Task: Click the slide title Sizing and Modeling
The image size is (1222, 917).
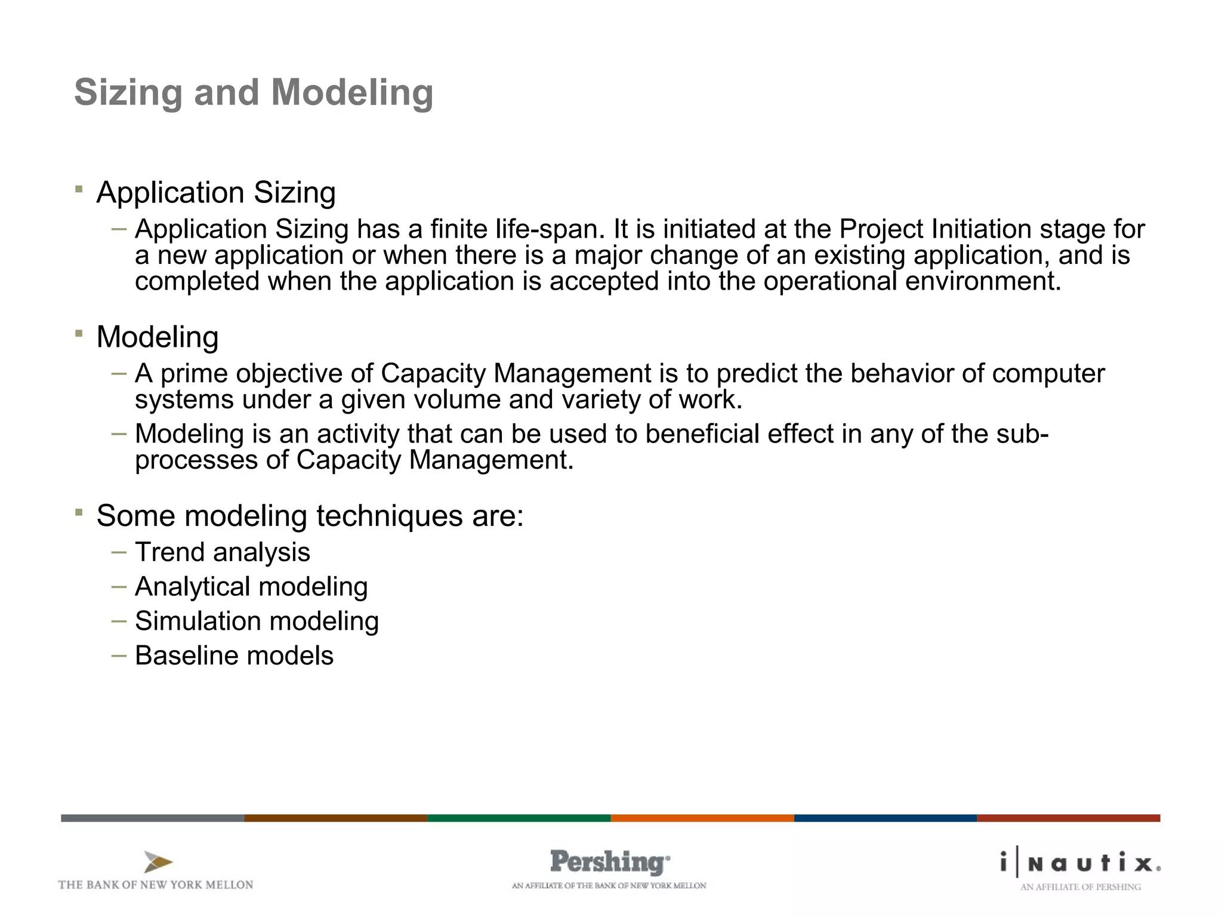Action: coord(254,93)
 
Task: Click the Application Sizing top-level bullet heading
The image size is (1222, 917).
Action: coord(216,193)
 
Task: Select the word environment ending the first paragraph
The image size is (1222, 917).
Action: coord(982,281)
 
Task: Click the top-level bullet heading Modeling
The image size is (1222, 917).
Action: coord(158,337)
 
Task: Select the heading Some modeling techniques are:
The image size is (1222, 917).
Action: coord(310,516)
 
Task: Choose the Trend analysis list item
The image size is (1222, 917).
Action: coord(223,552)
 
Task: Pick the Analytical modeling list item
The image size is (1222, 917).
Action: coord(251,587)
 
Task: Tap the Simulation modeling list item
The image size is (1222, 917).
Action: coord(257,621)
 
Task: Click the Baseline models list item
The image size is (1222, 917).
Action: coord(234,656)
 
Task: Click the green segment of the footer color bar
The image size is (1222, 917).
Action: coord(519,818)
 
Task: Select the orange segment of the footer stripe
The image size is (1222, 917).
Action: coord(702,818)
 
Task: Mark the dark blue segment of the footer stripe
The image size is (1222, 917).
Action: coord(885,818)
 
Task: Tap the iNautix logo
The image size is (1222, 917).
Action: coord(1080,863)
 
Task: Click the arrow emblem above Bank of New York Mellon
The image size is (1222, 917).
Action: coord(158,862)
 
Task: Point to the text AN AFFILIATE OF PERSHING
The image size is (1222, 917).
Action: coord(1080,887)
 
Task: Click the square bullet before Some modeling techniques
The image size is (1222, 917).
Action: coord(79,512)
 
